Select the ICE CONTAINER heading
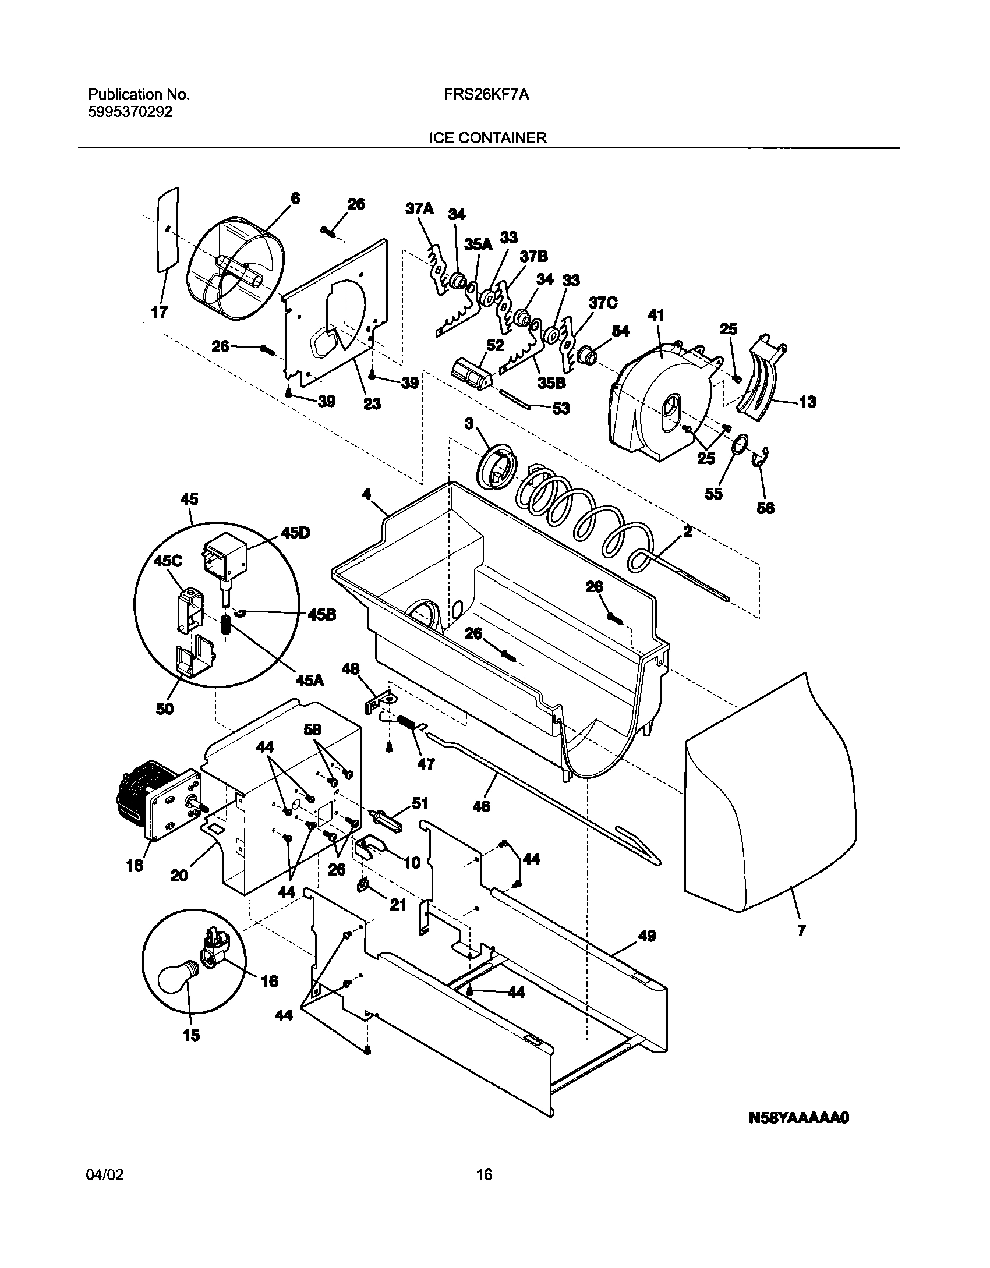[x=487, y=138]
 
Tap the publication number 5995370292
[x=130, y=112]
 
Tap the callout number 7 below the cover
[x=801, y=930]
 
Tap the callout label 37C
[x=603, y=303]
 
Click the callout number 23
[x=372, y=403]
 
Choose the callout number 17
[x=159, y=312]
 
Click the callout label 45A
[x=309, y=679]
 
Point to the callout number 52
[x=495, y=345]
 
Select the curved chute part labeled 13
[x=763, y=378]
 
